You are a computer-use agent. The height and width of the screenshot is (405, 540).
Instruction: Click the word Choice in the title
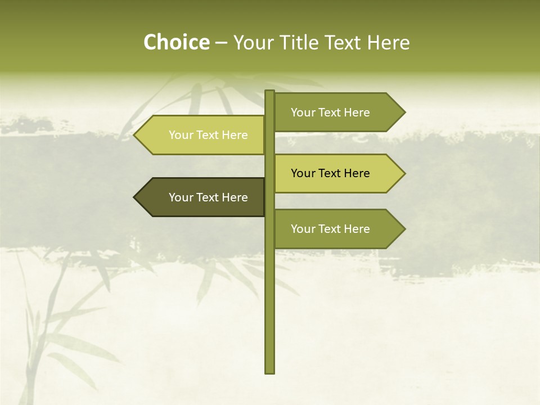click(176, 43)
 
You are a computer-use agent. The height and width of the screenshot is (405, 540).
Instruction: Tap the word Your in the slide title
click(253, 43)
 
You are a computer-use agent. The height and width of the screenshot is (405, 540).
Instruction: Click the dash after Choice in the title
click(221, 43)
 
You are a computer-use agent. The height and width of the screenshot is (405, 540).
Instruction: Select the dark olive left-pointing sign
click(202, 197)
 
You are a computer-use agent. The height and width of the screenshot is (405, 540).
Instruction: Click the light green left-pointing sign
click(202, 135)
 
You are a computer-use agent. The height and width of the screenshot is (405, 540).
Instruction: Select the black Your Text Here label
click(330, 173)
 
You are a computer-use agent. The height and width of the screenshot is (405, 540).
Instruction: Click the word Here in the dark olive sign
click(235, 197)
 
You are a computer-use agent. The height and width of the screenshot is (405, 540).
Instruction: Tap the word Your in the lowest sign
click(303, 229)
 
